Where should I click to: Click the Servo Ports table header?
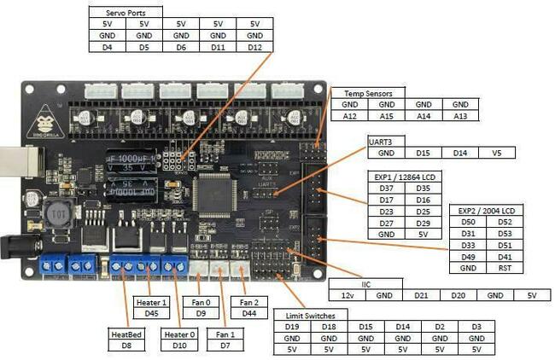[126, 13]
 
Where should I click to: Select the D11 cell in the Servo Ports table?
[218, 47]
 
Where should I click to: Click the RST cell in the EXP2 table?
[505, 267]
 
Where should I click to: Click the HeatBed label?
[126, 334]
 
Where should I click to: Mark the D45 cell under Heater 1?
[152, 312]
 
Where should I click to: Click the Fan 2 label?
[248, 301]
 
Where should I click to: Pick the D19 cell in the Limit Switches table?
[291, 326]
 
